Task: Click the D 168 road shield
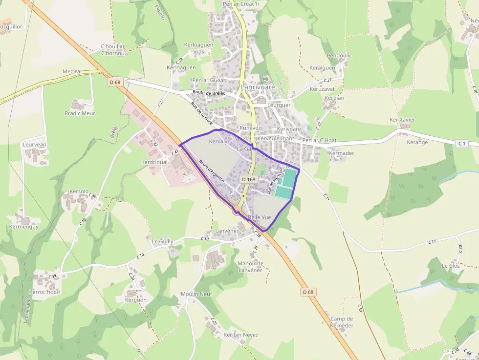(248, 179)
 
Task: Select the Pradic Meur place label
(80, 113)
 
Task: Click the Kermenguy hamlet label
(24, 227)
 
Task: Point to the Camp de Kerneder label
(342, 322)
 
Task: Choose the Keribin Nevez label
(240, 335)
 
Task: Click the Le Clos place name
(451, 266)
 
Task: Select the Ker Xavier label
(402, 120)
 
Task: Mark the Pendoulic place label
(339, 56)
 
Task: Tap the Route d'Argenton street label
(212, 171)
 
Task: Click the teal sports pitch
(286, 183)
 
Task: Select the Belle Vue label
(260, 217)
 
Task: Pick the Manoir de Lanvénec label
(250, 267)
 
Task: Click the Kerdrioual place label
(154, 162)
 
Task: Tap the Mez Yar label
(72, 72)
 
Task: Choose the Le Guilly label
(162, 241)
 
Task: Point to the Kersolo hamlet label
(79, 191)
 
